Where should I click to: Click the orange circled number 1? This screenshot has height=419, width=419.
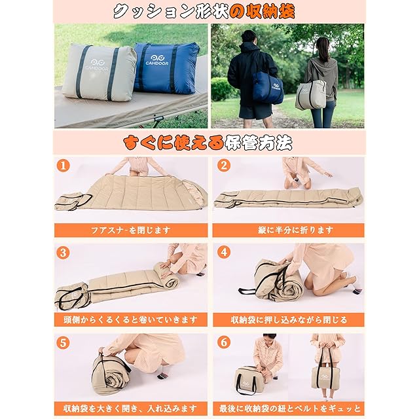click(63, 166)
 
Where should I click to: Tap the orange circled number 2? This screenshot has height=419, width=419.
click(224, 166)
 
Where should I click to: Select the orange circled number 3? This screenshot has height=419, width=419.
click(63, 253)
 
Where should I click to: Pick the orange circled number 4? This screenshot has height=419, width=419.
click(224, 252)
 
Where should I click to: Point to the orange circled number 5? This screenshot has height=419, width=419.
click(63, 343)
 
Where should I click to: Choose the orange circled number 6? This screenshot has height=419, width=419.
click(224, 342)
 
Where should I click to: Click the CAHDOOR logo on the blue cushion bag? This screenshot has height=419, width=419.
click(157, 60)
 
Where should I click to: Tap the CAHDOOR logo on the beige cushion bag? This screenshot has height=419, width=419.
click(97, 65)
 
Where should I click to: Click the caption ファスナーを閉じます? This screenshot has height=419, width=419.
click(131, 230)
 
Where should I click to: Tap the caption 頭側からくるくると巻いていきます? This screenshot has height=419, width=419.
click(131, 319)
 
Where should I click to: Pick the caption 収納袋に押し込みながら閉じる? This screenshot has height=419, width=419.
click(289, 319)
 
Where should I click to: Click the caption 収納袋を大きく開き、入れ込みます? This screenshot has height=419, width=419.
click(131, 409)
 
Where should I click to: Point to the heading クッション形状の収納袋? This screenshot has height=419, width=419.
click(204, 12)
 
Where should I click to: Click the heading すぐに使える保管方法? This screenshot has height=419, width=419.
click(208, 143)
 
